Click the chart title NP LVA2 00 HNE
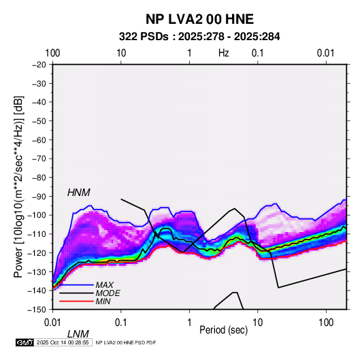point(199,19)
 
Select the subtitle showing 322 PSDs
point(199,37)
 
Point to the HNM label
point(79,193)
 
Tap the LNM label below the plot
point(78,334)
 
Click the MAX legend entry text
point(105,284)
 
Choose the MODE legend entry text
point(107,293)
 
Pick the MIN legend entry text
point(103,301)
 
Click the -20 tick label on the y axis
point(39,65)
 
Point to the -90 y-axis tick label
point(39,196)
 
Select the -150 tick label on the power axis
point(37,310)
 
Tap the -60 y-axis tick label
point(39,140)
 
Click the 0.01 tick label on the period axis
point(52,323)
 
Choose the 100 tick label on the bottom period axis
point(326,323)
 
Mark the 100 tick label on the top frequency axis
point(52,53)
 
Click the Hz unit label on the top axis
point(224,53)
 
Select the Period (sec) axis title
point(224,330)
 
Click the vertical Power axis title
point(18,186)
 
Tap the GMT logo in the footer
point(25,342)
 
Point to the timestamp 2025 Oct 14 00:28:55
point(63,342)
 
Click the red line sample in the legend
point(76,301)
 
